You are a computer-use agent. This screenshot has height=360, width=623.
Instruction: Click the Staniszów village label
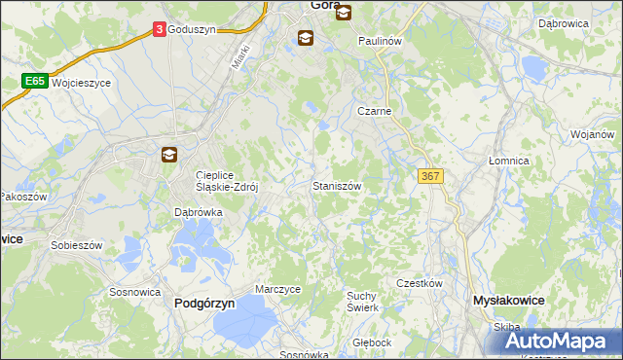(337, 185)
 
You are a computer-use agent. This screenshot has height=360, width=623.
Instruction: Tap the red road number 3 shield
(159, 30)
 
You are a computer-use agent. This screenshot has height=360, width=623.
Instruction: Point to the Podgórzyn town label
(204, 304)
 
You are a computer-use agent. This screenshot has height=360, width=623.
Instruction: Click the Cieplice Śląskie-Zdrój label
(226, 183)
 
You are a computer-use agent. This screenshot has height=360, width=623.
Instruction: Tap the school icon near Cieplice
(168, 154)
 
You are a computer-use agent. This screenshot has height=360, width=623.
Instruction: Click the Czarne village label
(374, 112)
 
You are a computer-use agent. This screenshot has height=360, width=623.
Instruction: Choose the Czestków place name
(420, 283)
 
